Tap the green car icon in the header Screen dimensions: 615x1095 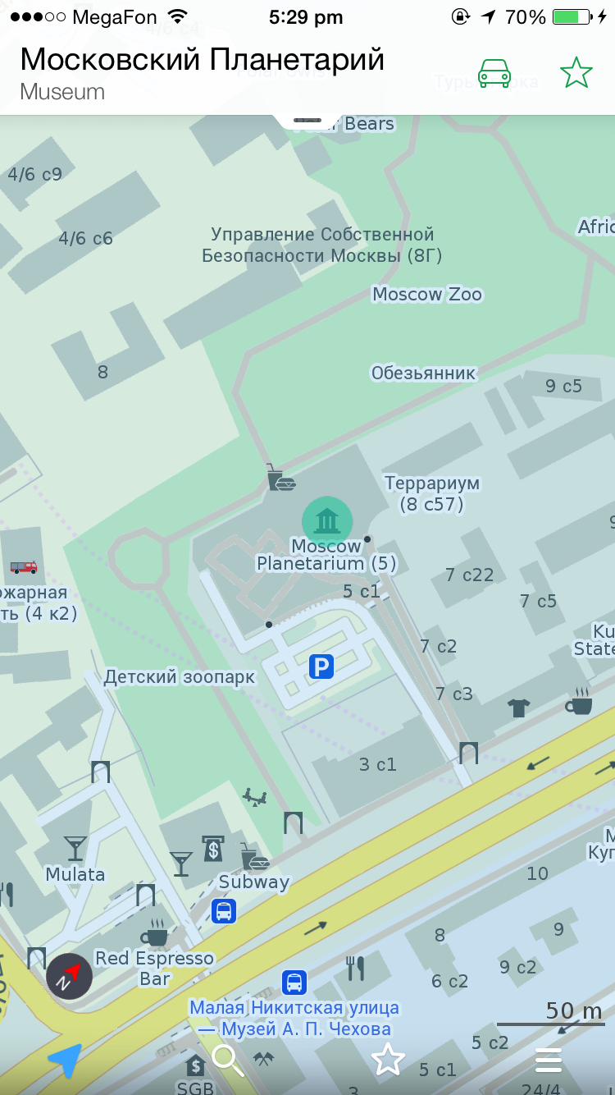click(494, 73)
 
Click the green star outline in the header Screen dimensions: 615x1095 click(576, 73)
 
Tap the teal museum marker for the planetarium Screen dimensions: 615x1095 click(327, 520)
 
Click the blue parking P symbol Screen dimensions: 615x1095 click(321, 667)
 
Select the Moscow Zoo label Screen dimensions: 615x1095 click(427, 294)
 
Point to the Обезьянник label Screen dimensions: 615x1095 click(423, 373)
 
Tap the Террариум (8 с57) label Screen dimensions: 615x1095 click(432, 493)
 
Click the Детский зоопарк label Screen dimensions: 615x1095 click(180, 677)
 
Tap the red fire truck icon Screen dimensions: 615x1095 click(24, 566)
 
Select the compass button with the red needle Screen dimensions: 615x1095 click(69, 976)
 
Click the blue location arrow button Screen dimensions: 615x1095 click(65, 1061)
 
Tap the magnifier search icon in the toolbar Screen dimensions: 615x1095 click(227, 1061)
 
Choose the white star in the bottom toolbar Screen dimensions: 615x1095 click(388, 1060)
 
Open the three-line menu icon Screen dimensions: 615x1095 click(549, 1061)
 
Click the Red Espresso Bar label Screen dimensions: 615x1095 click(154, 968)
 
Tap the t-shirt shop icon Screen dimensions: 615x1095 click(518, 708)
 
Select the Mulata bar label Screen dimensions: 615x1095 click(75, 874)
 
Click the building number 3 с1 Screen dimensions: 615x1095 click(378, 764)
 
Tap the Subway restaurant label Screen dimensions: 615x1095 click(254, 882)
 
